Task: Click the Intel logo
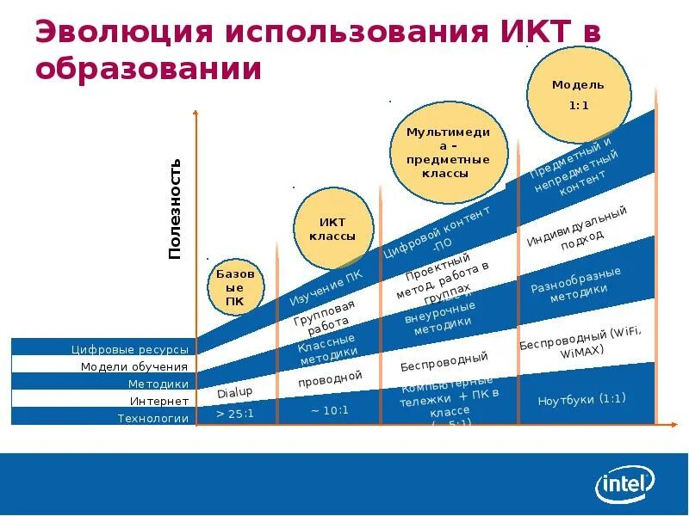coord(625,484)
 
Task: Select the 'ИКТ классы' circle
coord(332,229)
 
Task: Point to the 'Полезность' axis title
coord(175,209)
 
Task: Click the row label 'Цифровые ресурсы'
coord(129,349)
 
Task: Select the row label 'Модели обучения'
coord(134,366)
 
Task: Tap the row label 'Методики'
coord(158,384)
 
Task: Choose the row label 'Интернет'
coord(159,402)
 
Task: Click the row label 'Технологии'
coord(152,419)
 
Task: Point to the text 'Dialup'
coord(234,392)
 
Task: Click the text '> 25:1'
coord(234,415)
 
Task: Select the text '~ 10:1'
coord(330,410)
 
